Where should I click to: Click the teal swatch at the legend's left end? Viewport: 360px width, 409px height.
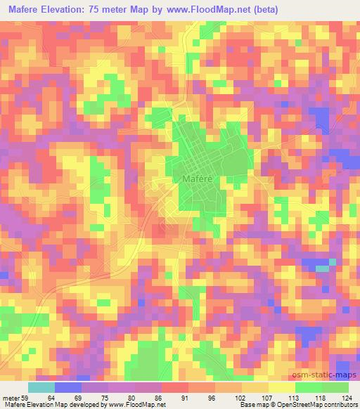pyautogui.click(x=41, y=387)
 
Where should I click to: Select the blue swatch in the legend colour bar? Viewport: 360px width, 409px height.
pyautogui.click(x=68, y=387)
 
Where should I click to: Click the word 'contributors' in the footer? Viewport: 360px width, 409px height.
pyautogui.click(x=338, y=404)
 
